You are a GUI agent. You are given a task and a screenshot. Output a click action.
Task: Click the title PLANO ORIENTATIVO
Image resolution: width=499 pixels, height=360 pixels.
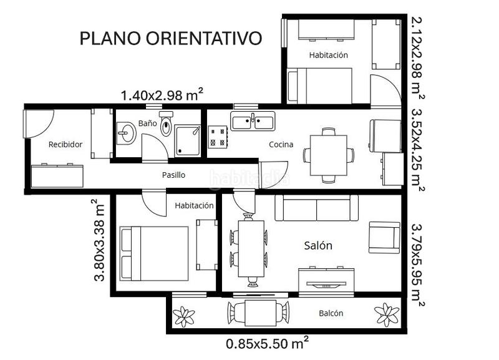[170, 38]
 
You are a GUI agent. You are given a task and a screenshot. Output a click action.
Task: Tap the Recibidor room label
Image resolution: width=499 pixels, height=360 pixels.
[65, 144]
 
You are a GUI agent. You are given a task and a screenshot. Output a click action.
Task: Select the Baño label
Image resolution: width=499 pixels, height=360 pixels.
[147, 124]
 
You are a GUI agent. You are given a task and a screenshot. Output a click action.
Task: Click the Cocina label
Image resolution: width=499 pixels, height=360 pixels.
[281, 144]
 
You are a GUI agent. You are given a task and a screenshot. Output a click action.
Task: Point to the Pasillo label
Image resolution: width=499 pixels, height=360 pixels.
[173, 175]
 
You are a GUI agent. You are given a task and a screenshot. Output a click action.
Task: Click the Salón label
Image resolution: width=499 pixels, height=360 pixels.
[318, 245]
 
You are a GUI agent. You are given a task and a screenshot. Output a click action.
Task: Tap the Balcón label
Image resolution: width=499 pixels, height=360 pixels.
[331, 313]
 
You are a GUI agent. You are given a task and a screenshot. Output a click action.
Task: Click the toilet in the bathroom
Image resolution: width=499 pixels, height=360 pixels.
[166, 127]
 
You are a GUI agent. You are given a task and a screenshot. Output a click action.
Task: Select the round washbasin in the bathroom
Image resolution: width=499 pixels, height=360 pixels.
[127, 132]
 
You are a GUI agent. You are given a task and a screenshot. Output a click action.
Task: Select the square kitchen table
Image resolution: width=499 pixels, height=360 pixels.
[327, 155]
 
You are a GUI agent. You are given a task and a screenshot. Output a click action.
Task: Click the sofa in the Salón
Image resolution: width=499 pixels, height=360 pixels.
[317, 208]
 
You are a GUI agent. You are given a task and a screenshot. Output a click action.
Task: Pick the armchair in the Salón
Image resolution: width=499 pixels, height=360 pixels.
[384, 237]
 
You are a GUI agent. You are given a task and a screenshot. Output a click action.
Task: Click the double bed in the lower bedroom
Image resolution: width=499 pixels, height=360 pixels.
[154, 253]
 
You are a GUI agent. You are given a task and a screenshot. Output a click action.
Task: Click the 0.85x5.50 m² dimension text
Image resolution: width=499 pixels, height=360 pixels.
[268, 343]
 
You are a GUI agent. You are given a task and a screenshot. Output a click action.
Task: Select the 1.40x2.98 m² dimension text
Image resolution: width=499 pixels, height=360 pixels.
[162, 95]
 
